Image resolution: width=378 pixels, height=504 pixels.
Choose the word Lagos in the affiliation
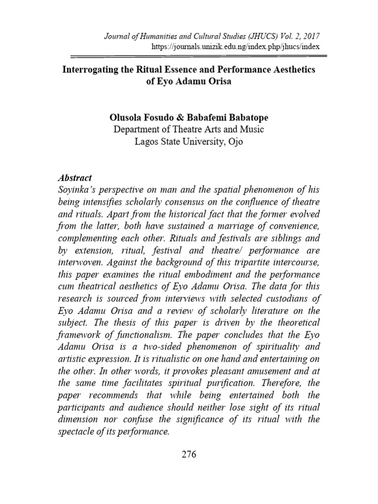[x=147, y=142]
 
